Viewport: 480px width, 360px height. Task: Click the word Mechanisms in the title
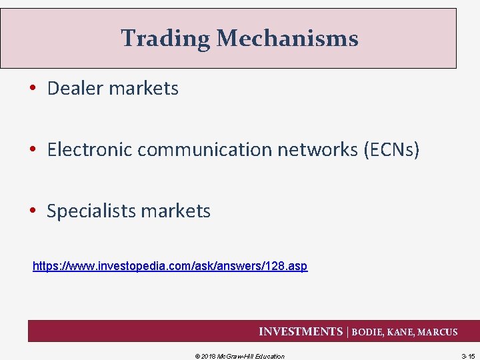point(287,39)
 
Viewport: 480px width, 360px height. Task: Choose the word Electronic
point(89,149)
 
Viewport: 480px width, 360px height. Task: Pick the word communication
point(203,149)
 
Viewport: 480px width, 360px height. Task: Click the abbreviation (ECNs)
point(391,149)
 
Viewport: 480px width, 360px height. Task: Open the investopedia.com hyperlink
point(170,267)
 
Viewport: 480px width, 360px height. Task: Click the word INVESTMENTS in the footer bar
point(300,331)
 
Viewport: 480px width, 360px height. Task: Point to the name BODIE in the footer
point(369,332)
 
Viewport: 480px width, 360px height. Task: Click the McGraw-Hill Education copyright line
point(239,356)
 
